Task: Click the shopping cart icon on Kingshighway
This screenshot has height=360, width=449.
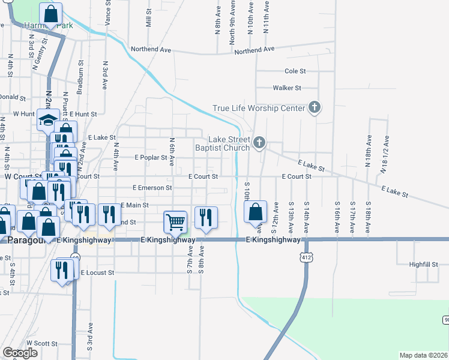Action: (175, 221)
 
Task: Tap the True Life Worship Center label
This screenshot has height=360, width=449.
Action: (259, 109)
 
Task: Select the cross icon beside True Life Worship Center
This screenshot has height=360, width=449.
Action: (313, 108)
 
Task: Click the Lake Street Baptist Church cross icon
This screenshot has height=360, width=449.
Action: (259, 142)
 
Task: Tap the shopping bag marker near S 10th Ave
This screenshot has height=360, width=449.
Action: (256, 212)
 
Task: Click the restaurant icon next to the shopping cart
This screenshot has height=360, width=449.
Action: (205, 219)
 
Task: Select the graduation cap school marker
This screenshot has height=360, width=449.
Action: (47, 121)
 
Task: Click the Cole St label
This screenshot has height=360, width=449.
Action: (295, 71)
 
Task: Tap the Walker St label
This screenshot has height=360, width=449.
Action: (287, 88)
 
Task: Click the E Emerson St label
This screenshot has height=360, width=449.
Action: (147, 188)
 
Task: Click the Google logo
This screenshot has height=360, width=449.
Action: (20, 353)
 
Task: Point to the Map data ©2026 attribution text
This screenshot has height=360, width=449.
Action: (423, 355)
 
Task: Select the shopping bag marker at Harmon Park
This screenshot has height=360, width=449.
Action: (51, 14)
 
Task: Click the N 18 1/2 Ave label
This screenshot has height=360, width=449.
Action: (384, 154)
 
